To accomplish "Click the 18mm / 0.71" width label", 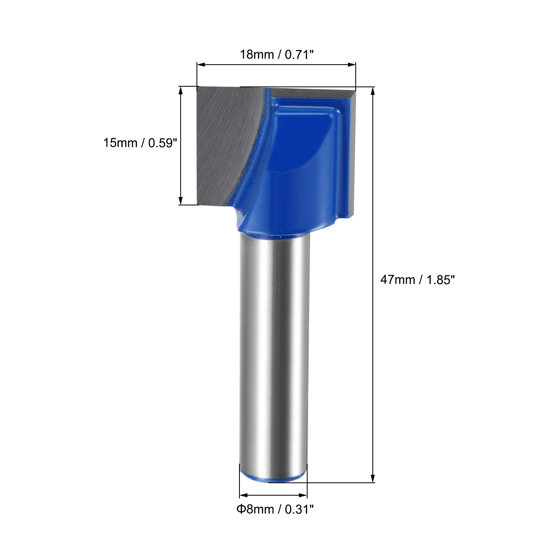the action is pyautogui.click(x=276, y=54).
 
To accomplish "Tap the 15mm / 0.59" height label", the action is pyautogui.click(x=141, y=143).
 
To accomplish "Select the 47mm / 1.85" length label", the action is pyautogui.click(x=417, y=280).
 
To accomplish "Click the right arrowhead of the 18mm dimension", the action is pyautogui.click(x=352, y=65).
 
